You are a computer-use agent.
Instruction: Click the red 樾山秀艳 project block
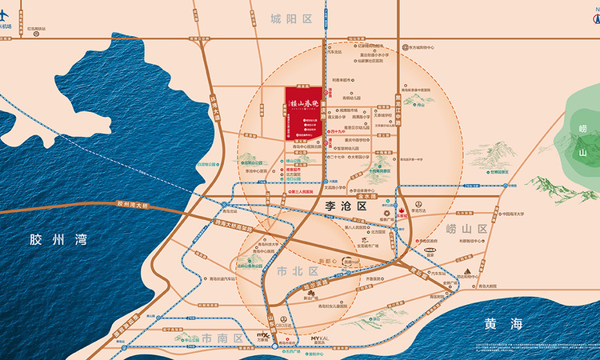[x=304, y=111]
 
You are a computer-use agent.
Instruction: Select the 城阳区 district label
[x=290, y=18]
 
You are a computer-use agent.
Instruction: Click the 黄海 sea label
[x=503, y=324]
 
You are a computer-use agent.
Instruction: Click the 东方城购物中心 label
[x=422, y=47]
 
